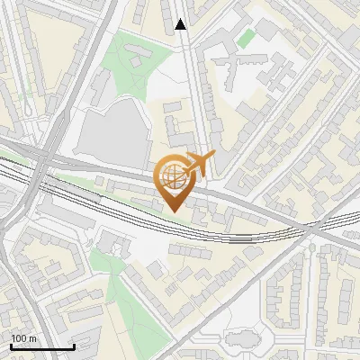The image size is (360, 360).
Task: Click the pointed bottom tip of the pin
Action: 172,210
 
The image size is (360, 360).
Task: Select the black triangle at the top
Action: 181,24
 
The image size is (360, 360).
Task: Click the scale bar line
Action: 41,346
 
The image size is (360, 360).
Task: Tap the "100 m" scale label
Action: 24,337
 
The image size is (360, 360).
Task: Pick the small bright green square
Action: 246,39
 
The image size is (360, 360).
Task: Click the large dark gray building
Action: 112,131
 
